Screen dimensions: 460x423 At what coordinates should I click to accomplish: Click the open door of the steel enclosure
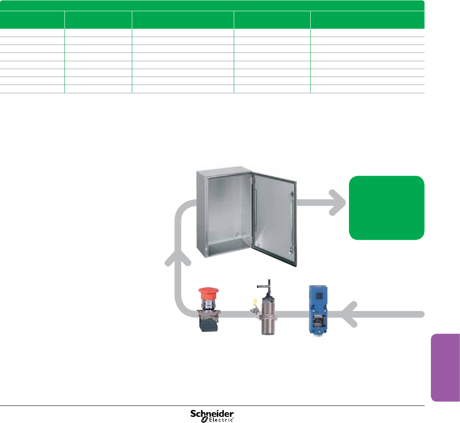(x=275, y=216)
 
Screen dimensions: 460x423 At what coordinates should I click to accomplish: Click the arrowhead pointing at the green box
(x=339, y=203)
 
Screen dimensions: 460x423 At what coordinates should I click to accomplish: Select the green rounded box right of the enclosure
(x=386, y=208)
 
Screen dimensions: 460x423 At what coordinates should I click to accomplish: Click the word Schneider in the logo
(x=212, y=413)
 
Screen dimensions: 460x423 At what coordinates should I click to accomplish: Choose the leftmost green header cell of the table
(x=32, y=20)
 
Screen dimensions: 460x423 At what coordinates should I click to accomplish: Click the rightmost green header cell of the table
(x=367, y=20)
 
